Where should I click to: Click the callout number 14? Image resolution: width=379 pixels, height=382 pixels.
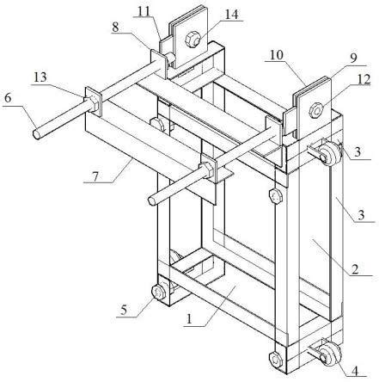pos(231,15)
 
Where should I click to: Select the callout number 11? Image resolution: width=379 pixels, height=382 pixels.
pos(144,12)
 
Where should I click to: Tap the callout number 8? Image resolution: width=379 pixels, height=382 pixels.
pos(115,28)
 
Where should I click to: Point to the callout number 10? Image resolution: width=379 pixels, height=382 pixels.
pos(277,55)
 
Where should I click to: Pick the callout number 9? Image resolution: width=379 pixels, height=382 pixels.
pos(353,59)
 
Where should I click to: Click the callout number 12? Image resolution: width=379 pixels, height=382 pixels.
pos(364,79)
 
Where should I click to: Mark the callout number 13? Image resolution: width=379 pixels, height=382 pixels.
pos(40,77)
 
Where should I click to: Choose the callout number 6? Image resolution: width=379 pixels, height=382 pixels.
pos(8,98)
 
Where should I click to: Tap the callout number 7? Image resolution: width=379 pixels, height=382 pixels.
pos(95,176)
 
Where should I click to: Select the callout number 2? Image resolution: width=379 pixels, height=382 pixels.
pos(355,269)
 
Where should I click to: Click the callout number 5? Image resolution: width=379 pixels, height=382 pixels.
pos(124,310)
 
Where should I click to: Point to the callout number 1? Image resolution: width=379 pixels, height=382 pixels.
pos(189,318)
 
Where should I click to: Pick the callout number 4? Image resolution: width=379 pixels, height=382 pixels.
pos(355,372)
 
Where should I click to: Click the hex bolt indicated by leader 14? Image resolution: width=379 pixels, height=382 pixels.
pos(193,40)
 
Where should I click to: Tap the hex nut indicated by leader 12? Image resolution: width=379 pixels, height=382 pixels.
pos(316,110)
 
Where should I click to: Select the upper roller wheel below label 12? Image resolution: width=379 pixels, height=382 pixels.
pos(330,155)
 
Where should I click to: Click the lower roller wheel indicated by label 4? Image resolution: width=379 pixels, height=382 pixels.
pos(329,355)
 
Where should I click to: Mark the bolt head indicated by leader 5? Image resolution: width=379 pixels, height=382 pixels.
pos(158,293)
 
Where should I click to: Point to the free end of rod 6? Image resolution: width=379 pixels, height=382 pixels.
pos(36,134)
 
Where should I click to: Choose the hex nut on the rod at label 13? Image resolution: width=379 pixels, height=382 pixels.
pos(92,104)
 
